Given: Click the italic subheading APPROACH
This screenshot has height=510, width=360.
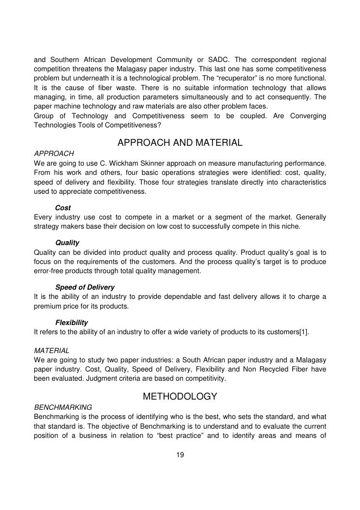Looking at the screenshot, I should (x=54, y=153).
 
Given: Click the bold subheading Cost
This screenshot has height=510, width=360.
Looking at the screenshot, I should (x=63, y=208).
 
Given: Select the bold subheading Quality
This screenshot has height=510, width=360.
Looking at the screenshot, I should (x=67, y=243).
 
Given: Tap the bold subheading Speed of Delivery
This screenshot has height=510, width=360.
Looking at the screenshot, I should (x=85, y=287).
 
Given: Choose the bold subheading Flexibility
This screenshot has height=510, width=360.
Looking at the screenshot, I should (x=72, y=322).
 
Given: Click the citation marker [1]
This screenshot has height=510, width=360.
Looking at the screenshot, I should (x=303, y=332).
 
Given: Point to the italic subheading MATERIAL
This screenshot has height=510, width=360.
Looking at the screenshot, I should (x=52, y=350).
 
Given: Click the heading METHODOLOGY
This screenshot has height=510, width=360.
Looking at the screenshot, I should (x=180, y=397).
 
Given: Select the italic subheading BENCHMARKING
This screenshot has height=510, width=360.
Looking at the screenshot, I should (x=63, y=407).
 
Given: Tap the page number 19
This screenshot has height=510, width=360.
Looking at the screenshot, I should (x=180, y=455).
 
